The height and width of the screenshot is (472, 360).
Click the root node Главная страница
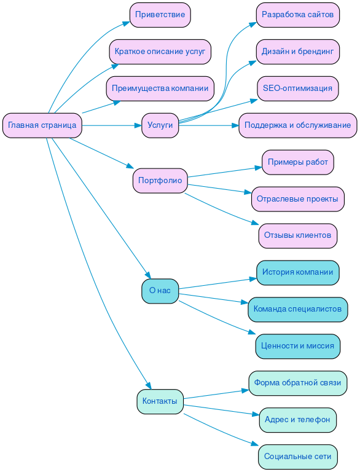point(42,125)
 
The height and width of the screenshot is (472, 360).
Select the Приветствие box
point(160,15)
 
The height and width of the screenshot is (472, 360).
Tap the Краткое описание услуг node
point(160,52)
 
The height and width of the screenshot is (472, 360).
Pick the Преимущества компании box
point(160,88)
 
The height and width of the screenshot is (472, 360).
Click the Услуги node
point(160,125)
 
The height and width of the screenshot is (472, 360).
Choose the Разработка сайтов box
point(297,15)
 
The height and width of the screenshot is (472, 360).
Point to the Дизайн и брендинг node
point(297,52)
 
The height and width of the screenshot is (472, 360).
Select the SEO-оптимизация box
point(297,88)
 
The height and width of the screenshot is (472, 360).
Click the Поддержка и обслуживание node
point(297,125)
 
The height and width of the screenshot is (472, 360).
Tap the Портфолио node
point(160,181)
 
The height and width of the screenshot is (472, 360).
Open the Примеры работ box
point(297,162)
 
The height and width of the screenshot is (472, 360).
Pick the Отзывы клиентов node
point(297,235)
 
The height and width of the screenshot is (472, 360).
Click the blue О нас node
point(160,291)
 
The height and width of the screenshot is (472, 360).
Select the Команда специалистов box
point(297,309)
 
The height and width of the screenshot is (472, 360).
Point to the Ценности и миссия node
point(297,346)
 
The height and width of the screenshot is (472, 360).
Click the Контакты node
point(160,401)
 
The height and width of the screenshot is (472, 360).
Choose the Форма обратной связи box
point(297,383)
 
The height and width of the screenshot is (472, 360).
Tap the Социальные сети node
point(297,457)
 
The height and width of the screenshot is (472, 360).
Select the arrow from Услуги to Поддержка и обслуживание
point(209,125)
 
